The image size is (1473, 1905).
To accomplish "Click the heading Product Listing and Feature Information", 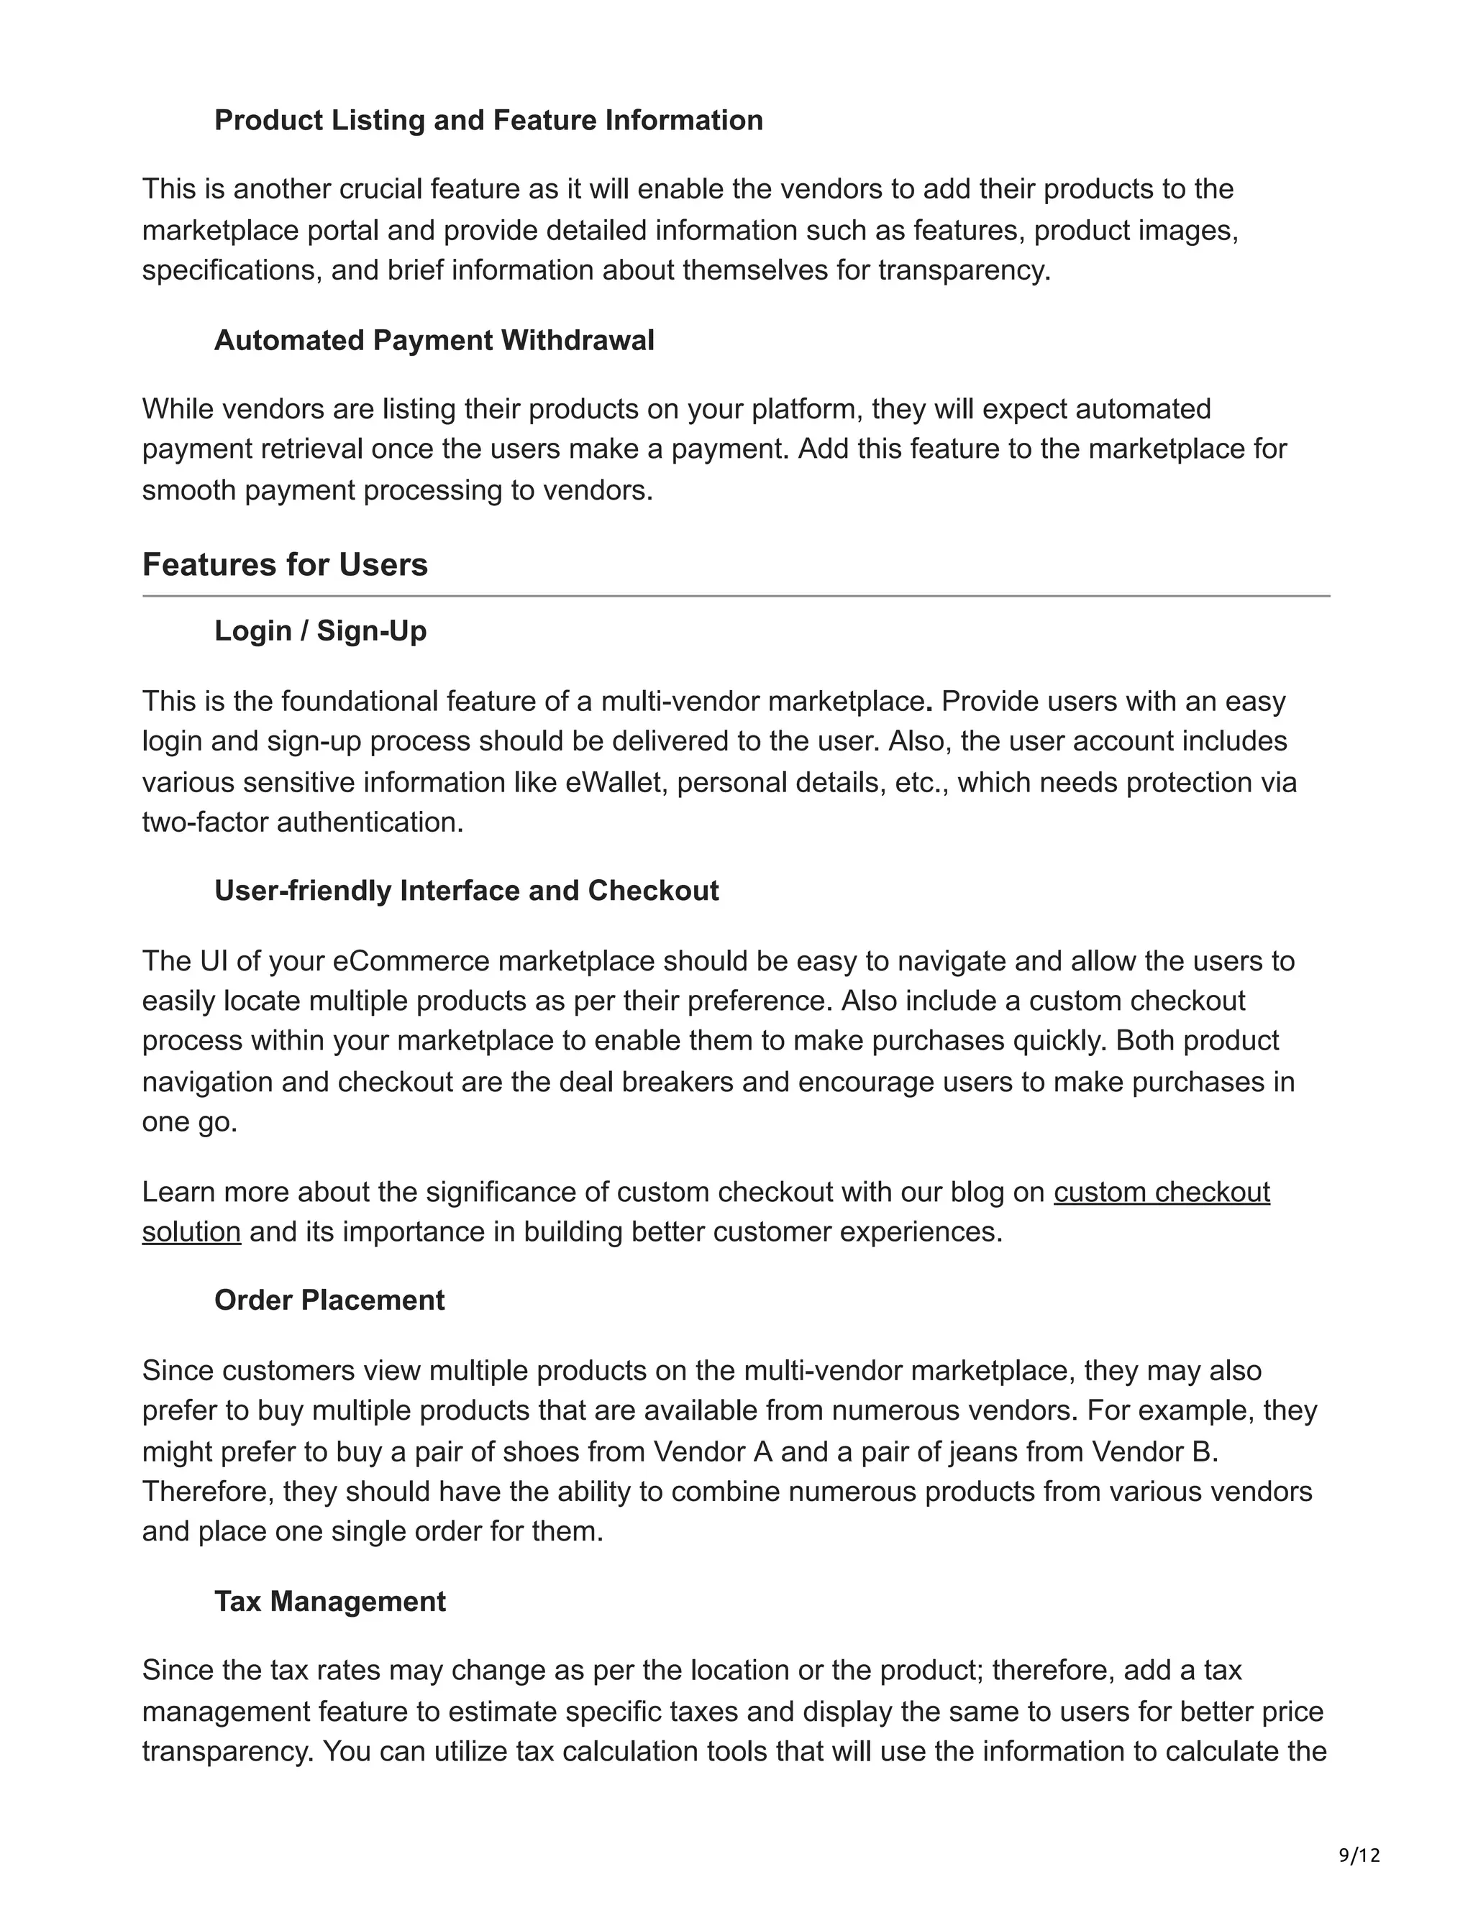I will coord(488,119).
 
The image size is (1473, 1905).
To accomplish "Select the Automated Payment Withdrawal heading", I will coord(434,340).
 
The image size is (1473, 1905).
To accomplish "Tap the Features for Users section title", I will coord(285,565).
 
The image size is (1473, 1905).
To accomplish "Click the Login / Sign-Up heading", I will coord(320,630).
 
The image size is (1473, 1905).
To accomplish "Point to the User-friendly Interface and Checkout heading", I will coord(466,891).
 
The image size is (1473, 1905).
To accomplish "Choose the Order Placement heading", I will coord(329,1300).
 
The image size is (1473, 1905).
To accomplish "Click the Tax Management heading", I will coord(330,1602).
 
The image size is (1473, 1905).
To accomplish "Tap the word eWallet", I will coord(614,782).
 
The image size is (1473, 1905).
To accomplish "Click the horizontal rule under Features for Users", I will coord(736,597).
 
